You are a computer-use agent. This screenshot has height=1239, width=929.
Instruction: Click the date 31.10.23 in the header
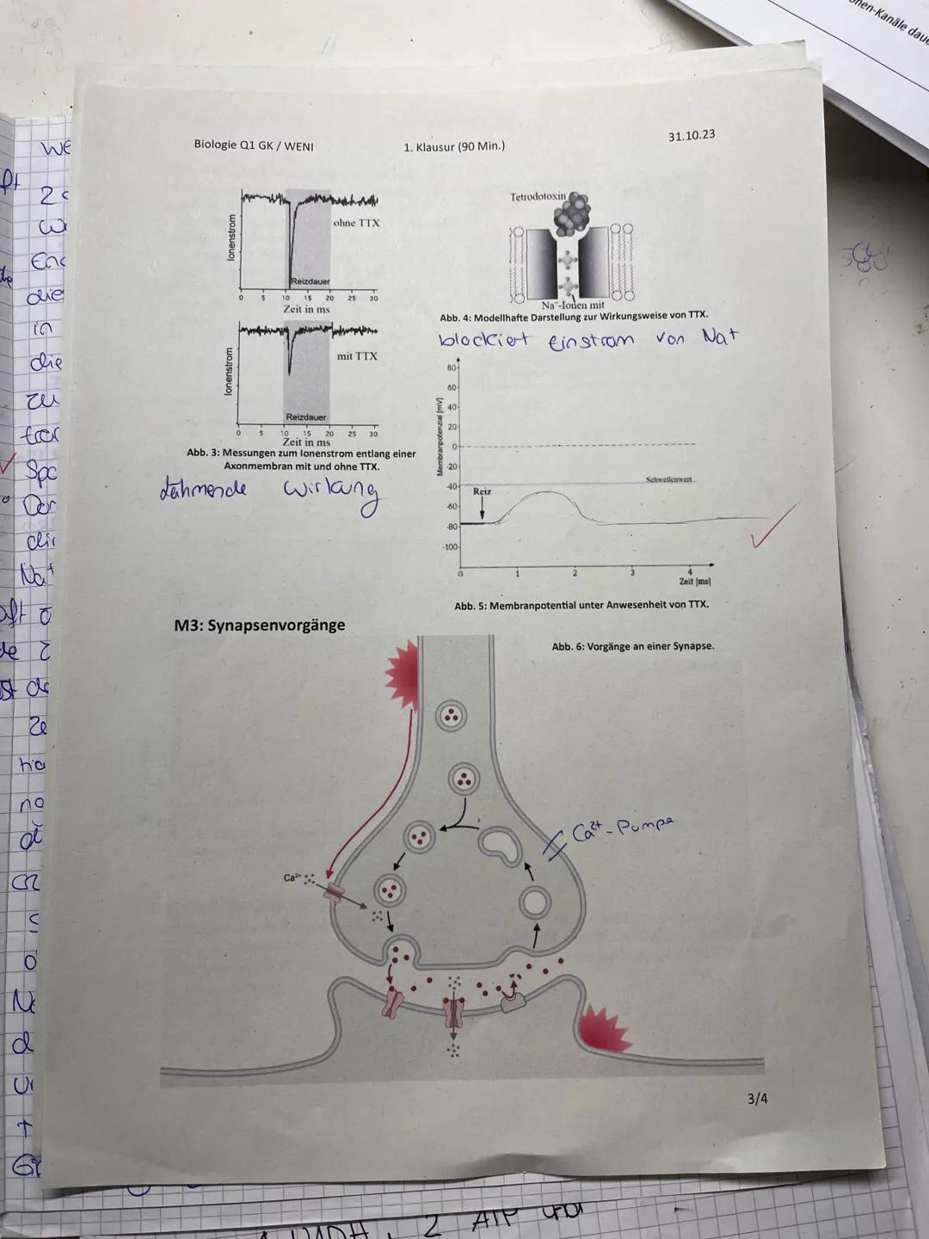coord(691,136)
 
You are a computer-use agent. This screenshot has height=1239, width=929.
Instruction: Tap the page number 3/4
coord(757,1098)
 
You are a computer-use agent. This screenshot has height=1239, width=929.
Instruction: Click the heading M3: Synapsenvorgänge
coord(259,625)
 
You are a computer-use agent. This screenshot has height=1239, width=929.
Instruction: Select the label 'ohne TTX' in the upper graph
coord(355,223)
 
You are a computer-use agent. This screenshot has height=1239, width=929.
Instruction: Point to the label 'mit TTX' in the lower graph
coord(356,356)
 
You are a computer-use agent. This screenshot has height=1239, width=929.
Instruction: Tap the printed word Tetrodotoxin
coord(538,197)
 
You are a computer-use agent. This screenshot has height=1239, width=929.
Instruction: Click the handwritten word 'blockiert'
coord(484,340)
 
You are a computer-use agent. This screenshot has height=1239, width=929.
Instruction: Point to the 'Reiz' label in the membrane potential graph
coord(482,491)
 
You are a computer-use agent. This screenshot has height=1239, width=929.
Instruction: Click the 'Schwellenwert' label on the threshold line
coord(670,479)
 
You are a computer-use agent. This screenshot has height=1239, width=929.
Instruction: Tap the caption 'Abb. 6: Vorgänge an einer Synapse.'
coord(632,646)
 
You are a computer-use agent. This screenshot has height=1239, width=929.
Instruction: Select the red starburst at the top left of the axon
coord(402,669)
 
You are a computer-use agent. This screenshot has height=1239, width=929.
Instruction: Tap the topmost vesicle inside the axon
coord(451,715)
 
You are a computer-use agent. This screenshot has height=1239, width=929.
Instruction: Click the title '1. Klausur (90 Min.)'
coord(453,146)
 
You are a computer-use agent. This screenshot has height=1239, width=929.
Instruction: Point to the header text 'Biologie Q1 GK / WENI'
coord(254,145)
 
